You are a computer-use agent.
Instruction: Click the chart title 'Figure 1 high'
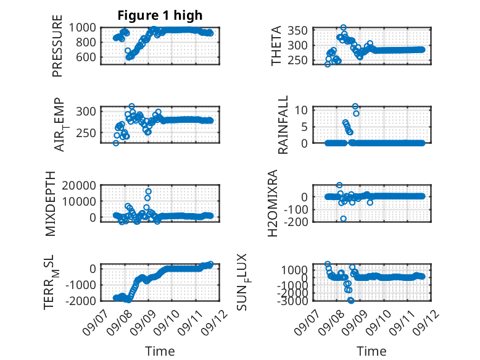pyautogui.click(x=160, y=15)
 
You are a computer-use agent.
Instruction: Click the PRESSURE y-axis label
pyautogui.click(x=57, y=46)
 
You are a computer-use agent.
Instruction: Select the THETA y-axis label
pyautogui.click(x=276, y=46)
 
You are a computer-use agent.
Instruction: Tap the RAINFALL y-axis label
pyautogui.click(x=283, y=125)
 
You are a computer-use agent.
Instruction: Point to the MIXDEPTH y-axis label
pyautogui.click(x=51, y=204)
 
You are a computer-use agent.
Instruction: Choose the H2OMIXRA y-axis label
pyautogui.click(x=273, y=203)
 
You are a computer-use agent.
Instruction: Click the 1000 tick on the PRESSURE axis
pyautogui.click(x=82, y=28)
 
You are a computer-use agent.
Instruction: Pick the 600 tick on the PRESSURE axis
pyautogui.click(x=86, y=57)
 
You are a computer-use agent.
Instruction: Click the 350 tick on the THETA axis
pyautogui.click(x=297, y=31)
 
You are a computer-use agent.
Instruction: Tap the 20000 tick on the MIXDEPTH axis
pyautogui.click(x=79, y=185)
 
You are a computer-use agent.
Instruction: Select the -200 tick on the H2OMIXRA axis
pyautogui.click(x=296, y=221)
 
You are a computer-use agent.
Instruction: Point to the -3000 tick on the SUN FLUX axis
pyautogui.click(x=292, y=301)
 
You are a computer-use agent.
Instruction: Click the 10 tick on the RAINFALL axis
pyautogui.click(x=301, y=110)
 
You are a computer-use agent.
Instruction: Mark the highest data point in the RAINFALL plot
pyautogui.click(x=355, y=106)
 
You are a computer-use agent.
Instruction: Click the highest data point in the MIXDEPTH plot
pyautogui.click(x=149, y=191)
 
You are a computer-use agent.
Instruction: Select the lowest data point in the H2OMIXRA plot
pyautogui.click(x=344, y=219)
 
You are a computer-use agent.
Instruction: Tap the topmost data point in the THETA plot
pyautogui.click(x=344, y=28)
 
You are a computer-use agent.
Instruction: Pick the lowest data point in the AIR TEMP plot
pyautogui.click(x=116, y=143)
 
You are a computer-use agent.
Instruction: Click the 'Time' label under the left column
pyautogui.click(x=160, y=351)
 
